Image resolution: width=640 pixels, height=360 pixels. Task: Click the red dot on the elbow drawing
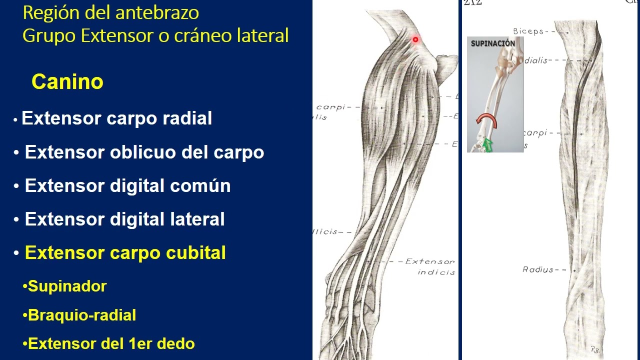tap(415, 39)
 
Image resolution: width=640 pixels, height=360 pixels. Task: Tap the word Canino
tap(67, 81)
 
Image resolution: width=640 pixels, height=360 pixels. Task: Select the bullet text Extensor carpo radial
tap(117, 119)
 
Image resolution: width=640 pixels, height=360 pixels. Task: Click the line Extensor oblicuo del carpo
tap(144, 152)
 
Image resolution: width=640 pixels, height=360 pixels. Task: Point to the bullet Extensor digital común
tap(127, 186)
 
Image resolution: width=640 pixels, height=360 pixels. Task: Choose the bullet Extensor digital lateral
tap(124, 219)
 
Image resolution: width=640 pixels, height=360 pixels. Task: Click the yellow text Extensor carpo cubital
tap(125, 253)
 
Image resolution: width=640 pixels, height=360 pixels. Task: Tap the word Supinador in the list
tap(67, 286)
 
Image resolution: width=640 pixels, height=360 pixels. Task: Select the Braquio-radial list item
tap(82, 315)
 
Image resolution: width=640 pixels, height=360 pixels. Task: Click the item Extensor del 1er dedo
tap(111, 344)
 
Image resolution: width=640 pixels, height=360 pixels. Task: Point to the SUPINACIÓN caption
tap(492, 43)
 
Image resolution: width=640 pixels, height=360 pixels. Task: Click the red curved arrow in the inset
tap(484, 121)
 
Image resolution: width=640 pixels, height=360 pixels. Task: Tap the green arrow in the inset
tap(487, 145)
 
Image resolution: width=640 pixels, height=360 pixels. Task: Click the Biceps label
tap(528, 31)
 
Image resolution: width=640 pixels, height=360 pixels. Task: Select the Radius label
tap(538, 269)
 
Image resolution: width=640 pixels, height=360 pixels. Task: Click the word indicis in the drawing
tap(436, 272)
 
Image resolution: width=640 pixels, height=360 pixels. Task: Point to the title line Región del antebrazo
tap(111, 12)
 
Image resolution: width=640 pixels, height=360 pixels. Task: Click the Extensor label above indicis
tap(430, 261)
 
